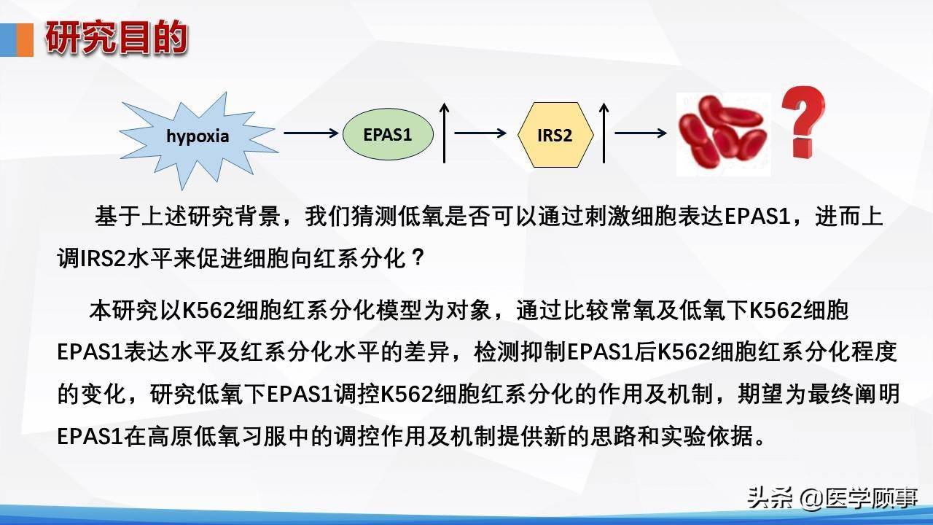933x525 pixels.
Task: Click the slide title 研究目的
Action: point(117,39)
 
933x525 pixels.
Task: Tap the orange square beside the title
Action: point(25,39)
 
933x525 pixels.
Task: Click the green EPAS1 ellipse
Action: point(388,134)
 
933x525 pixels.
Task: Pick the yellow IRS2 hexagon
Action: point(555,135)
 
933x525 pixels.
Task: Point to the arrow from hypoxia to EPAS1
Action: point(311,133)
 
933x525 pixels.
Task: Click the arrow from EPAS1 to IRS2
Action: point(480,133)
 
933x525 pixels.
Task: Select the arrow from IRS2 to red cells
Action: point(641,133)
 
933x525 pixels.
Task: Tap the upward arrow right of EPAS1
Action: point(445,133)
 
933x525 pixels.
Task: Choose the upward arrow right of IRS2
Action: point(604,133)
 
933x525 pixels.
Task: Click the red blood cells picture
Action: point(724,133)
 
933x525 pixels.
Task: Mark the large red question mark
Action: point(803,122)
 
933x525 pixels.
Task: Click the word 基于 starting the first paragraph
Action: point(117,217)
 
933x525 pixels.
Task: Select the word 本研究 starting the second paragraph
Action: point(123,311)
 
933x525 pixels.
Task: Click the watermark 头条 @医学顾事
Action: point(832,498)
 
